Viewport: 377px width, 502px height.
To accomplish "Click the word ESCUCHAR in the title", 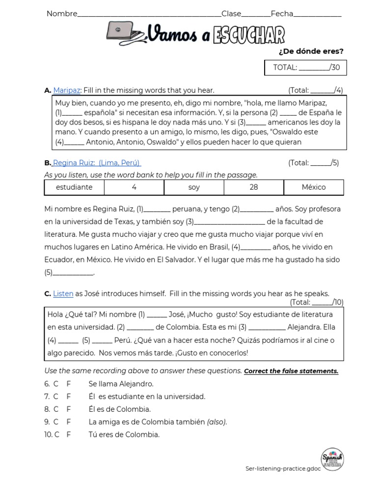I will coord(249,35).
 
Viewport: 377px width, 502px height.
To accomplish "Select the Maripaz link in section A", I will coord(67,90).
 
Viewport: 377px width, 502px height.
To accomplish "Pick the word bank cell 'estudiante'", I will coord(74,187).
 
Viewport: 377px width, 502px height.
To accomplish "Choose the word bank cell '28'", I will coord(254,187).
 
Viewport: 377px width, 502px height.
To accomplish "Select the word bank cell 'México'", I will coord(314,187).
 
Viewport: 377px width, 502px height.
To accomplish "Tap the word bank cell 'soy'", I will coord(194,187).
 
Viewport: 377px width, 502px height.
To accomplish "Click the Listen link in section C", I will coord(63,294).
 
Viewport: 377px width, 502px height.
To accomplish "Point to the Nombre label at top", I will coord(62,14).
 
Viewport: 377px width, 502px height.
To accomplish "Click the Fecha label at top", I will coord(282,14).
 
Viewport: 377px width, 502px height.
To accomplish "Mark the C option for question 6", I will coord(55,384).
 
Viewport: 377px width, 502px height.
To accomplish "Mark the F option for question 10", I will coord(69,434).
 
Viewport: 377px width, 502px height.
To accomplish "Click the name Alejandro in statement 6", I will coord(134,384).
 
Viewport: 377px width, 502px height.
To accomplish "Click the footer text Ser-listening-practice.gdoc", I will coord(283,469).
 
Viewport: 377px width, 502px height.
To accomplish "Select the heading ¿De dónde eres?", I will coord(311,51).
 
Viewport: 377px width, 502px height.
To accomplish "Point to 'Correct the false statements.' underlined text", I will coord(291,371).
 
